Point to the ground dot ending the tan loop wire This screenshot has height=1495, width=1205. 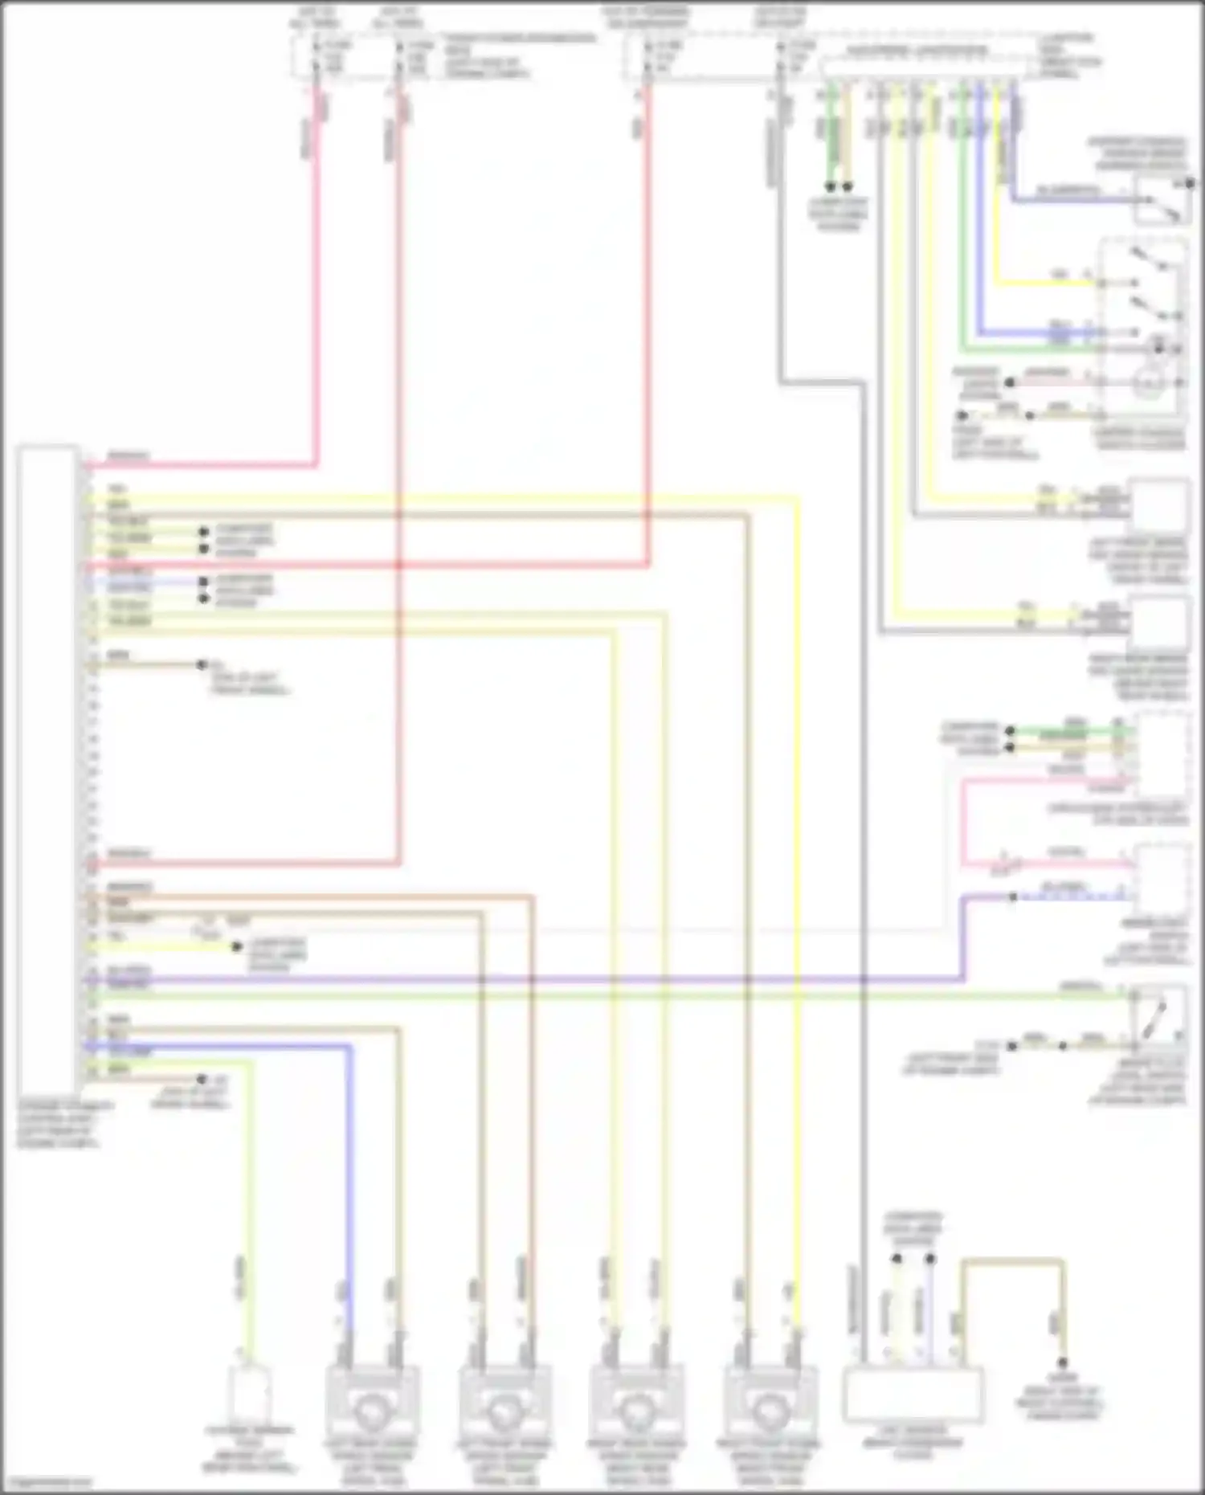click(1062, 1364)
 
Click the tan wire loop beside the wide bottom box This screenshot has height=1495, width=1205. click(1012, 1264)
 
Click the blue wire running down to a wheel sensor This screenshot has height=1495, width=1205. click(350, 1165)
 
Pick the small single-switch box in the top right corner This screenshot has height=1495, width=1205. click(1161, 201)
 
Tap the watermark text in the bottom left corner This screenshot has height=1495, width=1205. click(47, 1483)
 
